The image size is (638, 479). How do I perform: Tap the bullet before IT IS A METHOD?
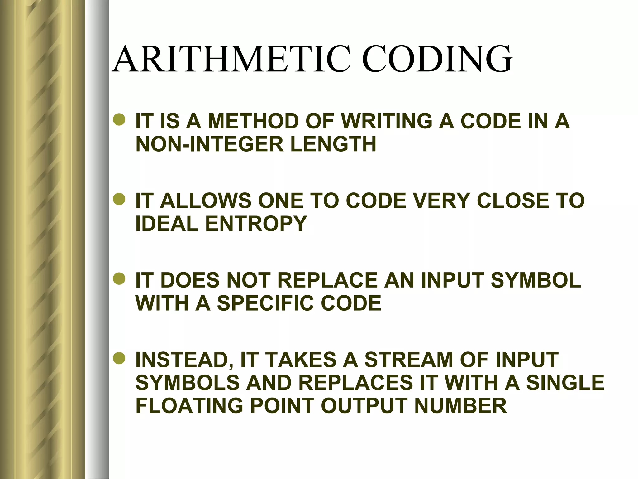(x=119, y=120)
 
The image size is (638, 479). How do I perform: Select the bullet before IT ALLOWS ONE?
(x=119, y=200)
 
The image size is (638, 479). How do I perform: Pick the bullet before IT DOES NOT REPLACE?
(x=119, y=279)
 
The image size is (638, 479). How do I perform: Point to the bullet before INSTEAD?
(x=119, y=359)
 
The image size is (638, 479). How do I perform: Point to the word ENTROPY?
(x=256, y=224)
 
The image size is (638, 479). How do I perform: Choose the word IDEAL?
(x=167, y=224)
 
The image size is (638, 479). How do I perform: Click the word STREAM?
(x=409, y=360)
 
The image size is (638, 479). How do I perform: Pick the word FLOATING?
(x=189, y=406)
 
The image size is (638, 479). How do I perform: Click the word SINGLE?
(x=565, y=383)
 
